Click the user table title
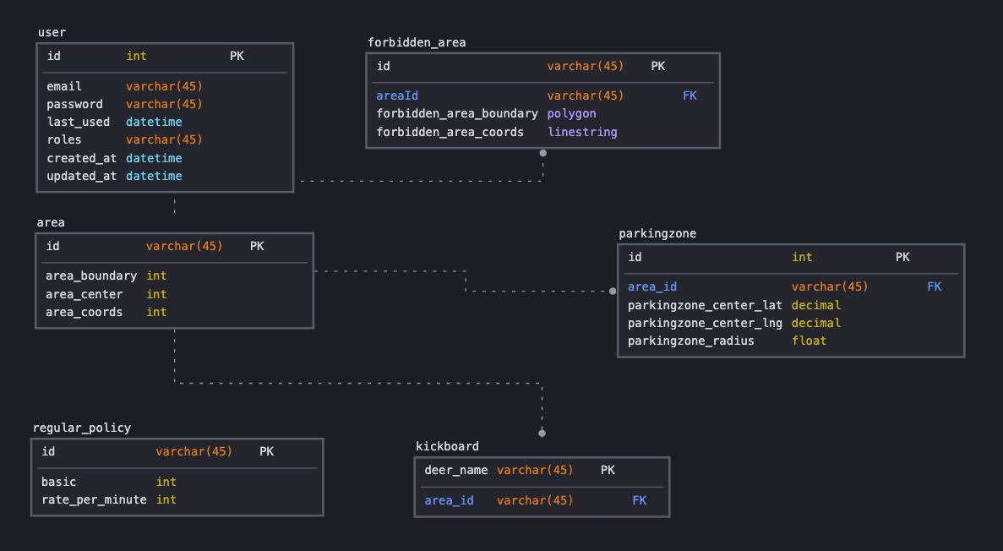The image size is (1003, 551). click(52, 32)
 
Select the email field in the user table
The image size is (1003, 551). click(64, 86)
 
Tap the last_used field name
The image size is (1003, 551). click(78, 122)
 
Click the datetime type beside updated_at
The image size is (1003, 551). click(154, 176)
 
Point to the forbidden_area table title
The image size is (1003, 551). click(417, 42)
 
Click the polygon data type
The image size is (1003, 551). click(571, 113)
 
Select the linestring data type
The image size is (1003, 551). click(582, 132)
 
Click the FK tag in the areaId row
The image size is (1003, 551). click(690, 95)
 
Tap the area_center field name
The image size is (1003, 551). click(84, 294)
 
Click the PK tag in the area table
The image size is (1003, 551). click(257, 246)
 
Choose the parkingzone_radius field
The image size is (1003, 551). click(691, 341)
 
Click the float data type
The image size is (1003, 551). click(809, 341)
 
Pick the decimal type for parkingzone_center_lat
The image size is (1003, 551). click(816, 305)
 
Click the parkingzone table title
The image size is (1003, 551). click(657, 233)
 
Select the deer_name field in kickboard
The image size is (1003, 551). click(456, 470)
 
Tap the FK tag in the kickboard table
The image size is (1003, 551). click(639, 500)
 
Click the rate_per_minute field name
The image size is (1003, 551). click(94, 499)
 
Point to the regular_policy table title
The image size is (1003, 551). click(82, 428)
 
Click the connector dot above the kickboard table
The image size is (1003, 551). click(542, 433)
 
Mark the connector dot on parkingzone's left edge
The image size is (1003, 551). click(613, 291)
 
